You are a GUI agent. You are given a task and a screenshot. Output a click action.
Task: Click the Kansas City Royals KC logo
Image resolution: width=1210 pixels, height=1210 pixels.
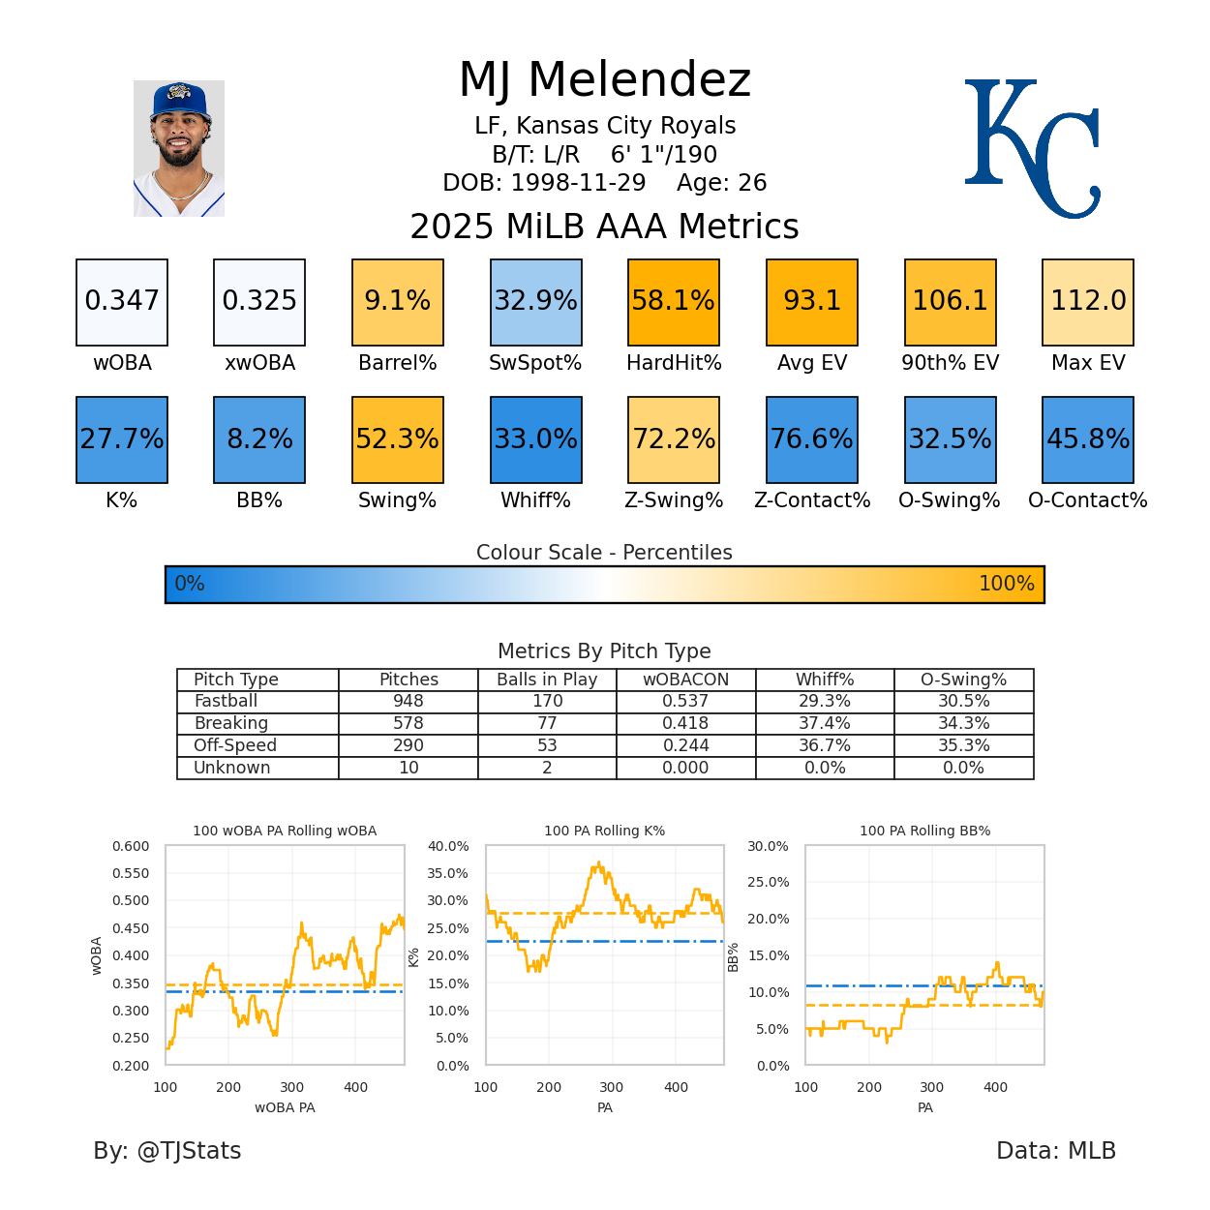[x=1032, y=147]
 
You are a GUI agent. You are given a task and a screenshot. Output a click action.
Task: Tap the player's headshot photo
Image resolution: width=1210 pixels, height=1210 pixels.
[x=179, y=148]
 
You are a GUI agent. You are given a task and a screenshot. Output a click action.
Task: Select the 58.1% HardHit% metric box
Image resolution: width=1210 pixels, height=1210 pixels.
[x=674, y=302]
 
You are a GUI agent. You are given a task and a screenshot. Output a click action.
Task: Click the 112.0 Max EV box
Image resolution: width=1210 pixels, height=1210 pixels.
[x=1088, y=302]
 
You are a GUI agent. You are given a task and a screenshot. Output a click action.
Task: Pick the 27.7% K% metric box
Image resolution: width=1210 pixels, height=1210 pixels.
[x=122, y=439]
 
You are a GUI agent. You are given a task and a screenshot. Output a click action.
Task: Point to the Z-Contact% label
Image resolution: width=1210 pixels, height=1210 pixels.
[x=812, y=500]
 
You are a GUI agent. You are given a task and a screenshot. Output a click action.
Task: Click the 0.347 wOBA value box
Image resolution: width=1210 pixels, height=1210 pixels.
[x=122, y=302]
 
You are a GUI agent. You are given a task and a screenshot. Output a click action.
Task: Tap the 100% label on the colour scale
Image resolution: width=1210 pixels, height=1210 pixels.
[x=1006, y=584]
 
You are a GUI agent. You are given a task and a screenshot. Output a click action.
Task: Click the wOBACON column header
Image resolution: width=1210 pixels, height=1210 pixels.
[x=685, y=680]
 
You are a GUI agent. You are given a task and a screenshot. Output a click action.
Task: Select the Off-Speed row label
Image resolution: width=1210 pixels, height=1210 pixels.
[x=235, y=745]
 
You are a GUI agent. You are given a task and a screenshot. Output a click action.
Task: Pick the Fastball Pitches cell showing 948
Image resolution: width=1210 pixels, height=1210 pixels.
[x=408, y=701]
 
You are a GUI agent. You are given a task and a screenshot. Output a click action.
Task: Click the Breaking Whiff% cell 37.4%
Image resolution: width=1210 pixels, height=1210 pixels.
[x=825, y=723]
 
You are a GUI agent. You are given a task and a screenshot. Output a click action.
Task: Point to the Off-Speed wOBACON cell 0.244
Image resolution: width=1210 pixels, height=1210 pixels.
[x=685, y=745]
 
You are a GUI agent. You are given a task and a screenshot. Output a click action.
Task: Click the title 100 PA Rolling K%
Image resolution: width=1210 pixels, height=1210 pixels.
[x=604, y=831]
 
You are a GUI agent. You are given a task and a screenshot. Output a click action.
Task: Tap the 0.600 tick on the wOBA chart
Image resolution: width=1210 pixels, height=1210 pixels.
[x=131, y=846]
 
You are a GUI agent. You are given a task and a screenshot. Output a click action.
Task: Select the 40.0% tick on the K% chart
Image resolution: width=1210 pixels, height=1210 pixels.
[x=448, y=846]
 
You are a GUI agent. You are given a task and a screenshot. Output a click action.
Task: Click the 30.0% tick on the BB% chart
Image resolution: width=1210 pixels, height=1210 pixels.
[x=768, y=846]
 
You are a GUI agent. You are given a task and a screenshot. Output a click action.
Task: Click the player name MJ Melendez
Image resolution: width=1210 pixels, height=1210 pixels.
[x=605, y=79]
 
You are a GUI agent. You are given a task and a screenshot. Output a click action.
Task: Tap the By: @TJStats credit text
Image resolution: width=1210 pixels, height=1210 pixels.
[x=167, y=1151]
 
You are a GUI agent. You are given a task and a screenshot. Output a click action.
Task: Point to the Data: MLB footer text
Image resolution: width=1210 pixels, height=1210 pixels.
[x=1056, y=1151]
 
